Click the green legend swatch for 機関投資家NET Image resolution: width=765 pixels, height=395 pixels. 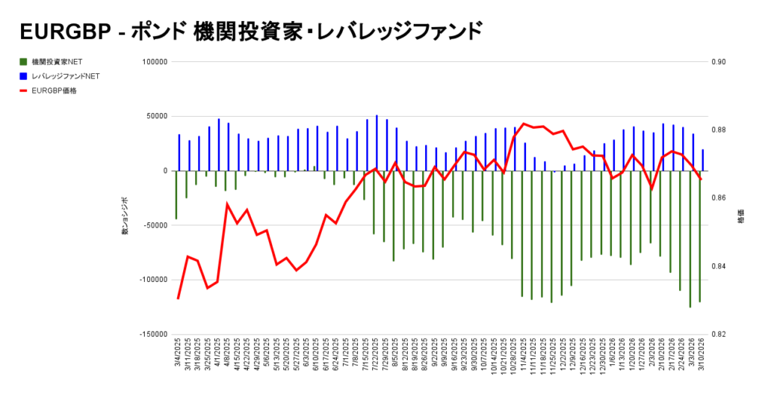tap(24, 61)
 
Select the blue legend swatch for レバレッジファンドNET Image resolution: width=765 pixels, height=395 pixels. tap(24, 76)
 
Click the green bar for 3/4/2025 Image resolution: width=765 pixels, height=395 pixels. tap(176, 195)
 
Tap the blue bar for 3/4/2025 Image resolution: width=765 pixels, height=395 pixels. tap(179, 153)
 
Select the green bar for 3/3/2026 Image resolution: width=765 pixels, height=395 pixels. tap(690, 239)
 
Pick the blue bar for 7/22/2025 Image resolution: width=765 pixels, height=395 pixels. tap(377, 143)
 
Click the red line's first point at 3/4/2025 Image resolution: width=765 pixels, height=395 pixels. tap(178, 298)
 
